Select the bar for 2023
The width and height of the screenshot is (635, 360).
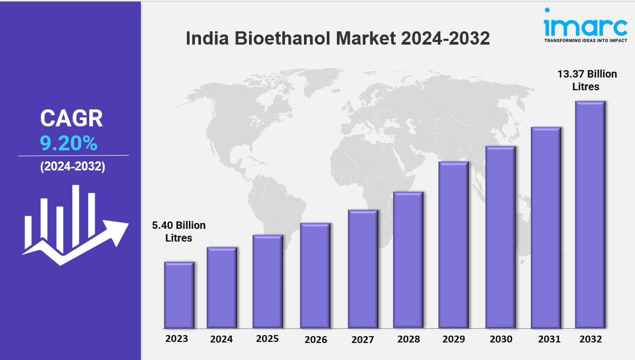pos(179,295)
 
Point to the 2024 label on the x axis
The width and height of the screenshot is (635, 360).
pos(222,339)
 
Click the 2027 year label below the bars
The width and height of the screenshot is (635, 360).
pos(363,339)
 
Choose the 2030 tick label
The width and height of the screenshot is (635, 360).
pos(501,339)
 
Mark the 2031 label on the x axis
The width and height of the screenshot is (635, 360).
pos(546,338)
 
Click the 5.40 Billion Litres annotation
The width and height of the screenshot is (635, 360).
pos(179,232)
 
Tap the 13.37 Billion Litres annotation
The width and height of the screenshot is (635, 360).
pos(586,80)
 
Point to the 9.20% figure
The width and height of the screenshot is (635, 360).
pos(69,143)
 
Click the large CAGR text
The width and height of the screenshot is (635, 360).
pos(72,118)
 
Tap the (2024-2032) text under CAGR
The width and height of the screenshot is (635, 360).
pos(73,166)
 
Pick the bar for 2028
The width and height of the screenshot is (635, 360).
pos(408,260)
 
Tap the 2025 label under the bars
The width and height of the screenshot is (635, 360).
pos(267,339)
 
